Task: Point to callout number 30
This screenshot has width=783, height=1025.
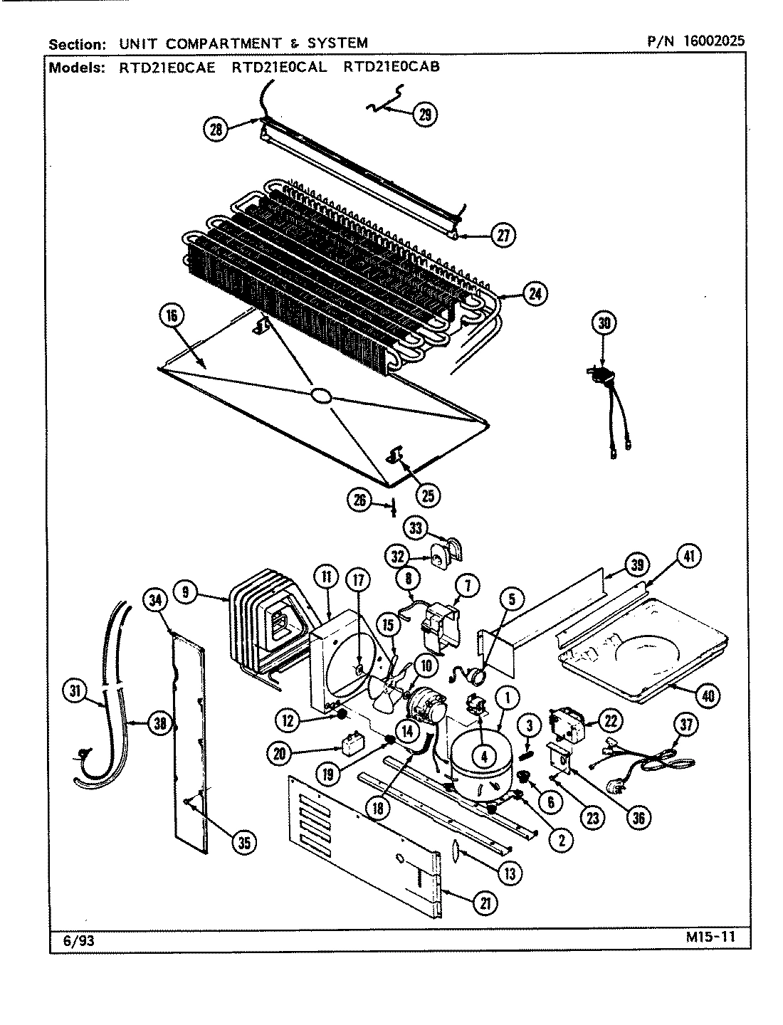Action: click(604, 323)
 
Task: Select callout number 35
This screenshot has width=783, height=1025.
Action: click(243, 842)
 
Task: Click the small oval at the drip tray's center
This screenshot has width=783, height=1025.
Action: click(320, 395)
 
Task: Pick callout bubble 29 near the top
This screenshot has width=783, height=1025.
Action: click(425, 115)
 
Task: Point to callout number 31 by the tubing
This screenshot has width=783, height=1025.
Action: click(74, 690)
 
